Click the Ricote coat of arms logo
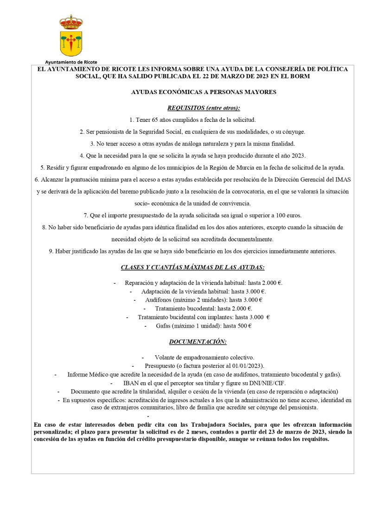click(71, 35)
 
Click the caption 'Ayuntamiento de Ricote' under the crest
click(71, 62)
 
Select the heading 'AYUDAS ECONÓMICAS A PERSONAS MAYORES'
click(204, 92)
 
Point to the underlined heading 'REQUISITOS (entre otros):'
click(204, 108)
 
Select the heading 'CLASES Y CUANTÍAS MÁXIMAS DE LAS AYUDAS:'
click(192, 267)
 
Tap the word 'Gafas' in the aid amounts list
click(164, 326)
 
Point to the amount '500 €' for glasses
click(244, 326)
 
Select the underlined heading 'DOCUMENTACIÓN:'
click(198, 342)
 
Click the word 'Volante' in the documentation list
click(165, 357)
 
